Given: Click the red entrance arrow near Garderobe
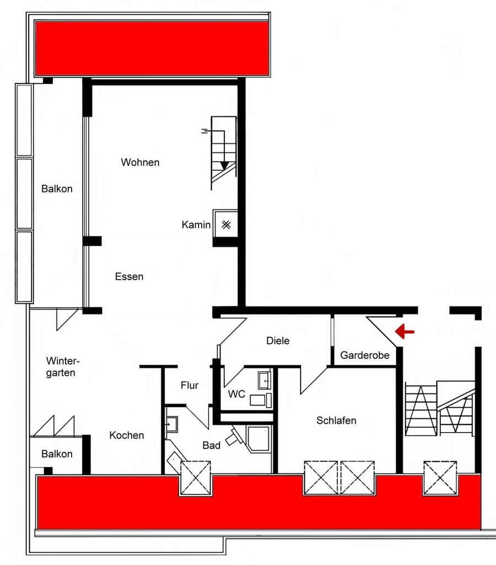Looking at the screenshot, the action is [405, 331].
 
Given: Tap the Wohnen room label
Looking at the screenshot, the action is [140, 162].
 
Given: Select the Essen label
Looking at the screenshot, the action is [129, 276].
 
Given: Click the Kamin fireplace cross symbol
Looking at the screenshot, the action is [226, 225].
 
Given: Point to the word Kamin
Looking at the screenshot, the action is [196, 225].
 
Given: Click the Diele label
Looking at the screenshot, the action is [278, 340].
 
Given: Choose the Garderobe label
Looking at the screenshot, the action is [365, 355].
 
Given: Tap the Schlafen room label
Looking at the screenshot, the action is [336, 420].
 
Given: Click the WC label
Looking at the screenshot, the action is [236, 394].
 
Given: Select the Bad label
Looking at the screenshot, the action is [211, 445].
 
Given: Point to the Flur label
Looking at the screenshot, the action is [190, 385].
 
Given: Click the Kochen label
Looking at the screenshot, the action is [127, 435].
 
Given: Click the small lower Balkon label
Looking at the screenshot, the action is [57, 454].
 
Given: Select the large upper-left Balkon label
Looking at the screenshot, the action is [57, 189].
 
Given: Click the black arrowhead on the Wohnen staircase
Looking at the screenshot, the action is [225, 166].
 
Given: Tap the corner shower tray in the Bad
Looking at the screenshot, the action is [258, 439].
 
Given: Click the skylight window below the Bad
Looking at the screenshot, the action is [196, 478].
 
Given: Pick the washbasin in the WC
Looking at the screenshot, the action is [264, 380].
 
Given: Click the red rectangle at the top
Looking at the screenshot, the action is [152, 48].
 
